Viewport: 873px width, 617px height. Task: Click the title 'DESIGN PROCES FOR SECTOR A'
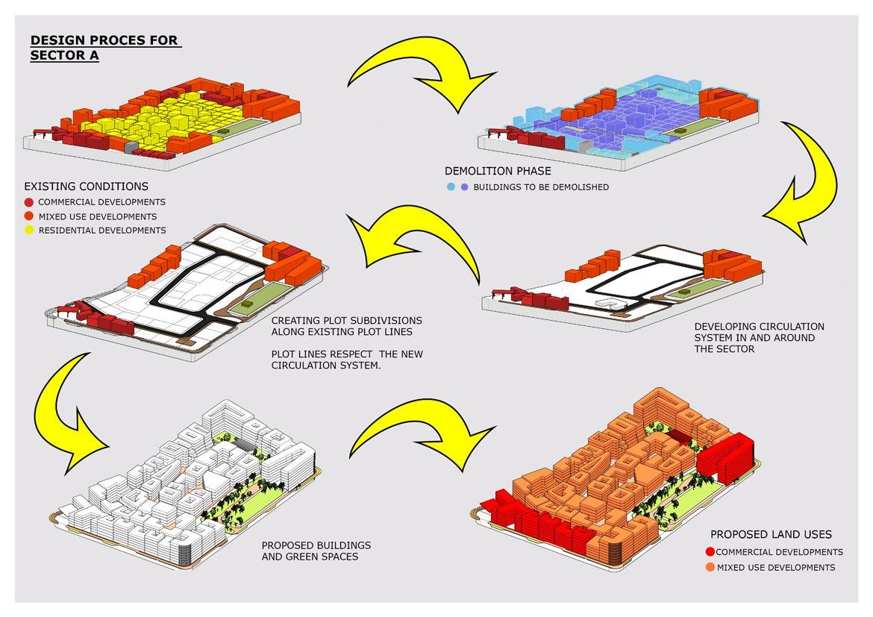[x=104, y=48]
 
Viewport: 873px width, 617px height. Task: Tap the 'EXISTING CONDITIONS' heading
[x=87, y=187]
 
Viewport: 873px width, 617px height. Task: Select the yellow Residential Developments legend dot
[x=28, y=231]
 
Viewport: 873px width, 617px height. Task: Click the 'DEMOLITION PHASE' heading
[x=498, y=172]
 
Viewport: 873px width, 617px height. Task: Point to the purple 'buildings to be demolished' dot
[x=465, y=187]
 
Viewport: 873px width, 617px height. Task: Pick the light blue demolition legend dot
[x=451, y=187]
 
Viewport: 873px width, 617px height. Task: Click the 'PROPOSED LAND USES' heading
[x=771, y=534]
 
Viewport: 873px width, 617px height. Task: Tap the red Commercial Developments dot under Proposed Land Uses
[x=710, y=553]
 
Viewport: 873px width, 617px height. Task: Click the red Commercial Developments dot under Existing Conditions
[x=28, y=202]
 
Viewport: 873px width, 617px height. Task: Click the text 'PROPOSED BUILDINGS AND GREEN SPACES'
[x=316, y=551]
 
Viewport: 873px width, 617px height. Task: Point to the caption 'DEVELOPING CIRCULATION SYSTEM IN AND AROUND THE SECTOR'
[x=759, y=337]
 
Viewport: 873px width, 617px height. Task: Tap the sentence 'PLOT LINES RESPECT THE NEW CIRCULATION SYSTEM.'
[x=347, y=360]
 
